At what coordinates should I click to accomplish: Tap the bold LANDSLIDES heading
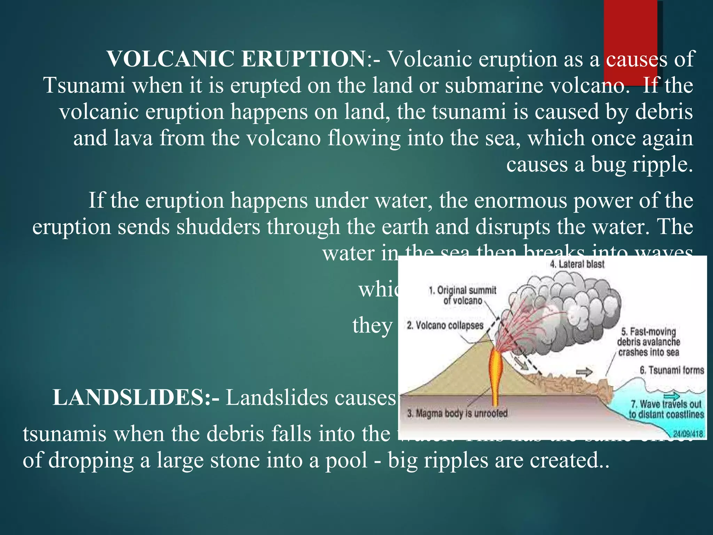pyautogui.click(x=136, y=398)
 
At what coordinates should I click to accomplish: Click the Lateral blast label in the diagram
pyautogui.click(x=577, y=264)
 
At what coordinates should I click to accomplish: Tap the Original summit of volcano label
pyautogui.click(x=463, y=295)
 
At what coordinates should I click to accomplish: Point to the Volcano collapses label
pyautogui.click(x=445, y=325)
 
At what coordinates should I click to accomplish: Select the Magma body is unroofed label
pyautogui.click(x=457, y=413)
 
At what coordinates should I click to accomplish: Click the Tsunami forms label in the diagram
pyautogui.click(x=672, y=370)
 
